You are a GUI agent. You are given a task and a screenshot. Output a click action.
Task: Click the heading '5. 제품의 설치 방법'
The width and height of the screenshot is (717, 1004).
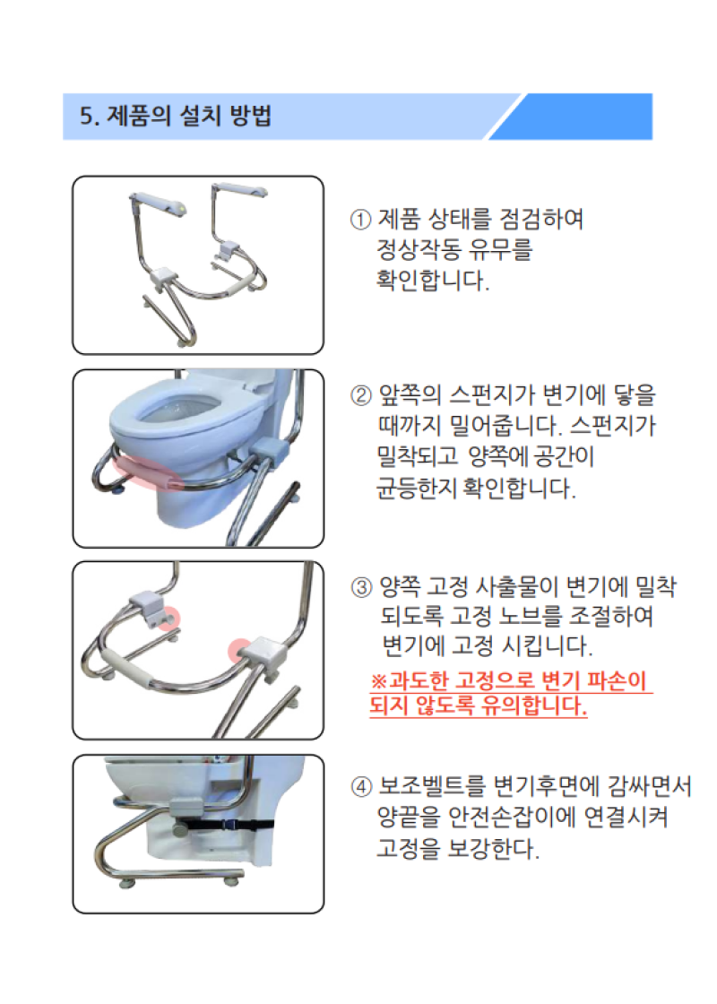click(176, 117)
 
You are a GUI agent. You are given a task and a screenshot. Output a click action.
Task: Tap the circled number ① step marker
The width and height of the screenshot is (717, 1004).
click(359, 220)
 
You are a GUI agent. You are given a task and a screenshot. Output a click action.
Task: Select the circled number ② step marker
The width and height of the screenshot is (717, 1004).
click(359, 395)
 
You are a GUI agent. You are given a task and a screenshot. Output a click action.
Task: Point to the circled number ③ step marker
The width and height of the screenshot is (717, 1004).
click(359, 588)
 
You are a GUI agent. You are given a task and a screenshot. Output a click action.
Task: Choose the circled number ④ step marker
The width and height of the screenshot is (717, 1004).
click(359, 787)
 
